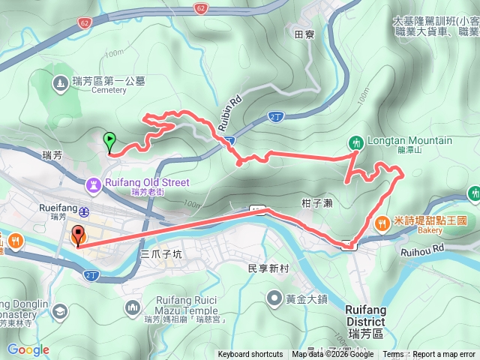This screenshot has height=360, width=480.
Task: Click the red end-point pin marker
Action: click(x=78, y=235)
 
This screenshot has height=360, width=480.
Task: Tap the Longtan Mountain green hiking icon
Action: click(x=355, y=141)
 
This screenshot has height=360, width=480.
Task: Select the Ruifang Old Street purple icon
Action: click(x=94, y=183)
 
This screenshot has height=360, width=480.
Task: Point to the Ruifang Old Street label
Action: click(x=146, y=182)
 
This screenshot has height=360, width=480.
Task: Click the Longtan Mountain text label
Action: click(x=409, y=140)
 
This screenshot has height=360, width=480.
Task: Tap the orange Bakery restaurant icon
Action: click(x=382, y=222)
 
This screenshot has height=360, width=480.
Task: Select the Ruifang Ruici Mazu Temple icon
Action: click(x=133, y=307)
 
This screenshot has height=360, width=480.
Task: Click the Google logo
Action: click(x=28, y=349)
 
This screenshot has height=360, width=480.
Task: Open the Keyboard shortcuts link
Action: click(x=250, y=355)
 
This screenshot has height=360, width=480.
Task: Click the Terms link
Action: click(x=393, y=355)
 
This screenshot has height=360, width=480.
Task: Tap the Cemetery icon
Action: click(x=61, y=85)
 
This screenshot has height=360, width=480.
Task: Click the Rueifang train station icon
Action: click(x=85, y=210)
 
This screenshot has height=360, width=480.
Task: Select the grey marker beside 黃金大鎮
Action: click(x=274, y=299)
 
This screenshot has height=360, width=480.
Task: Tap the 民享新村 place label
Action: click(x=268, y=268)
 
